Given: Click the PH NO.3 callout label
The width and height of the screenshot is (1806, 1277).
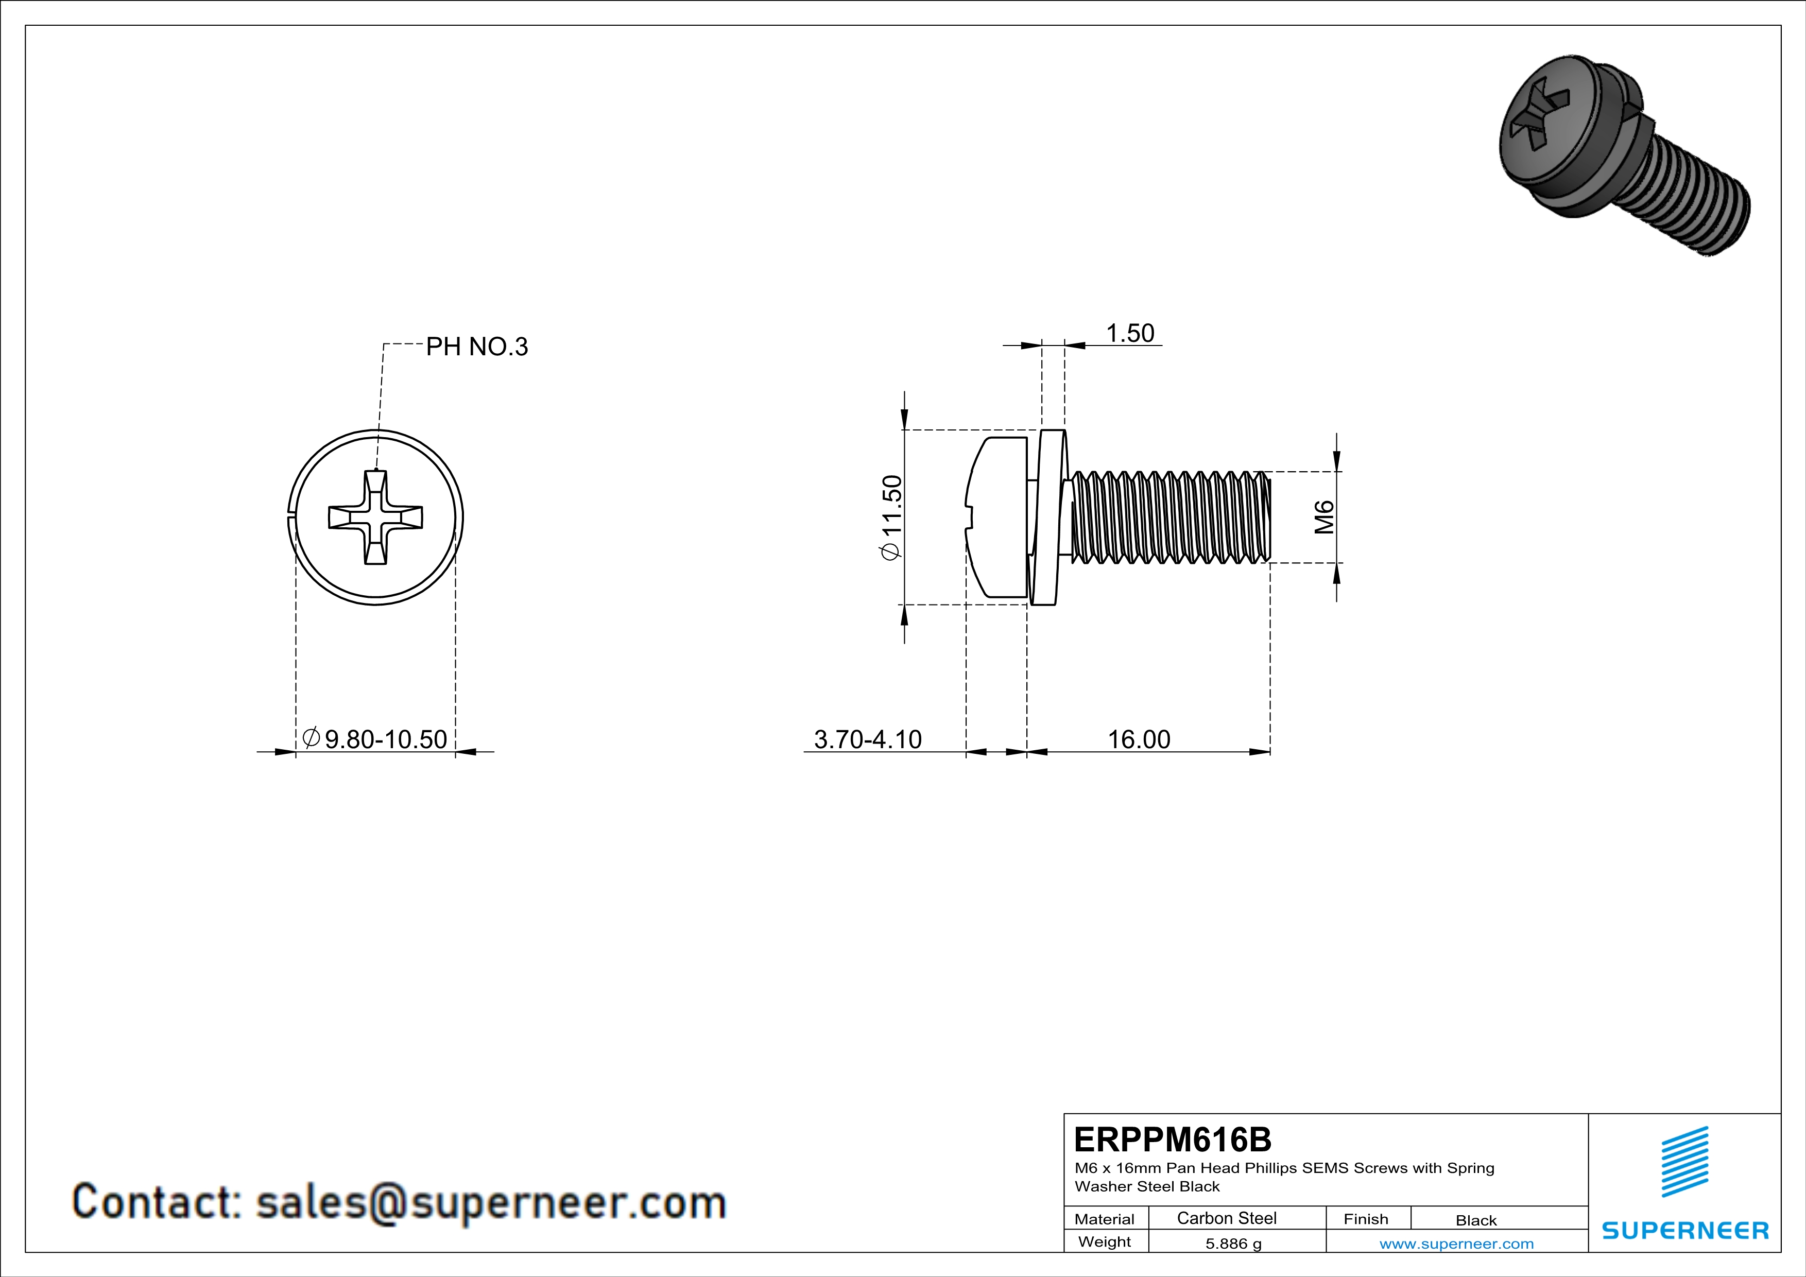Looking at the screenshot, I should [x=477, y=347].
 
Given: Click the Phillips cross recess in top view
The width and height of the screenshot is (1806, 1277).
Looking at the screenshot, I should [x=375, y=517].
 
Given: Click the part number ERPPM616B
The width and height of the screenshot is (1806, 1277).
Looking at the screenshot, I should [x=1172, y=1140].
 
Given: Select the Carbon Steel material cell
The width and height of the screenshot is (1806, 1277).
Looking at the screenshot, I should [x=1226, y=1218].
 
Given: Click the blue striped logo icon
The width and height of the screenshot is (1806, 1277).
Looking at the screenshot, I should [x=1684, y=1162].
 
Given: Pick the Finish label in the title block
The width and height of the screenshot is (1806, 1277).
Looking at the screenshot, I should [x=1366, y=1219].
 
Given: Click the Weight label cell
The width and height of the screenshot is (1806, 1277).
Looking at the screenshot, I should [x=1105, y=1241].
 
